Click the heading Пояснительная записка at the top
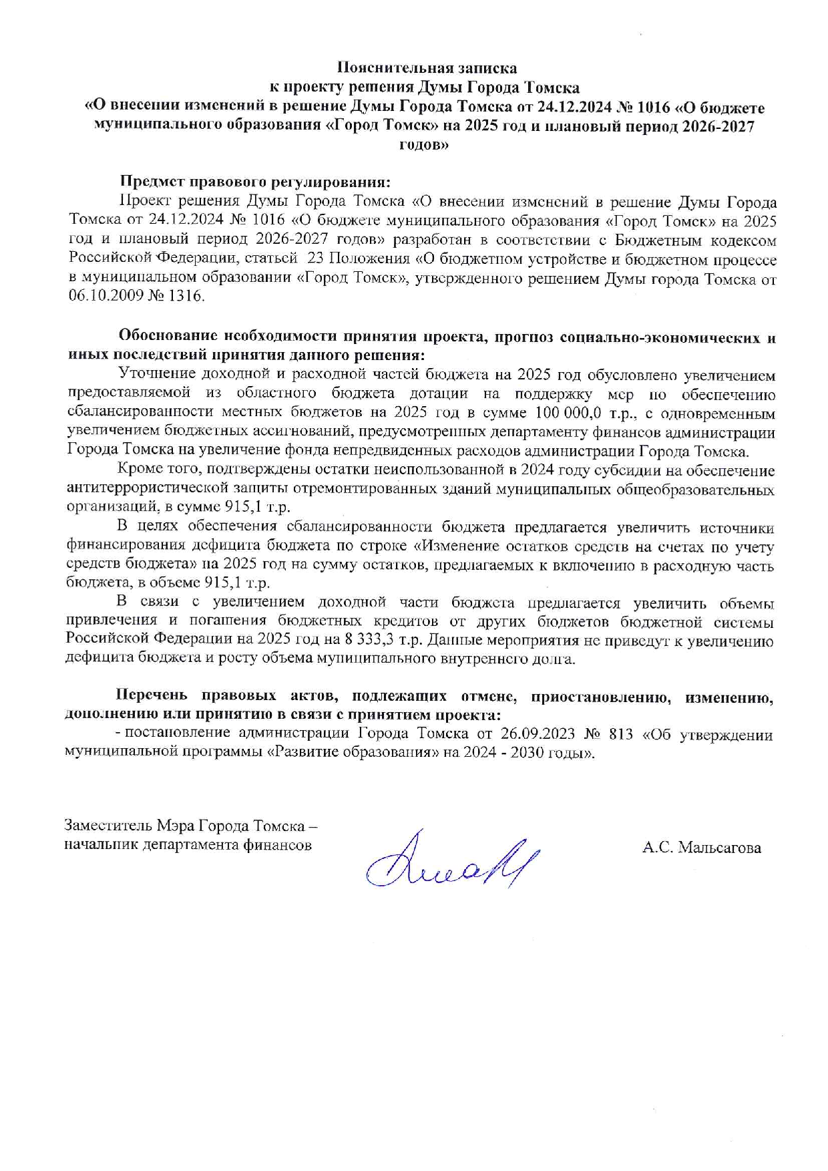426,67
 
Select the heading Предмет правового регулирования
254,182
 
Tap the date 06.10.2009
108,296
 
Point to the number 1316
187,296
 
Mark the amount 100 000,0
571,413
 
